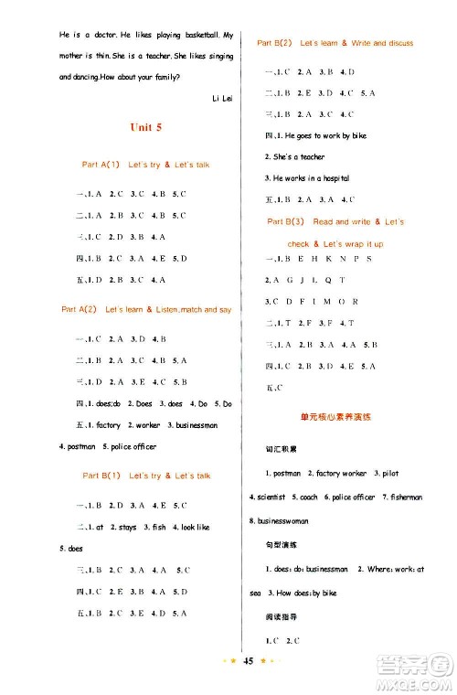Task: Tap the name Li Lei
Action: tap(210, 96)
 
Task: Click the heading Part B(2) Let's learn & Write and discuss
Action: tap(335, 43)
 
